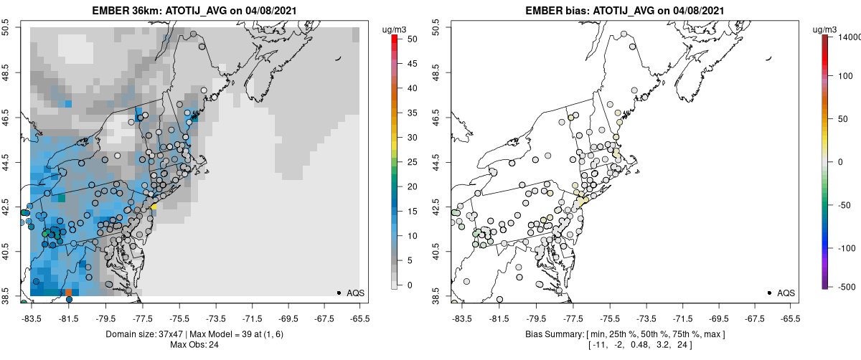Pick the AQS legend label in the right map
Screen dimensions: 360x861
coord(786,293)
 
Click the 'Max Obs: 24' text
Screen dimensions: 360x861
coord(194,345)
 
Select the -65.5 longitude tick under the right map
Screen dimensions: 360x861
coord(790,318)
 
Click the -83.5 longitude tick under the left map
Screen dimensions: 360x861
coord(31,318)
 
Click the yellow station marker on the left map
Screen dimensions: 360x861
coord(154,206)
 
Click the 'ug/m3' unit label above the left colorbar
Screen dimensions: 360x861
coord(395,29)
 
